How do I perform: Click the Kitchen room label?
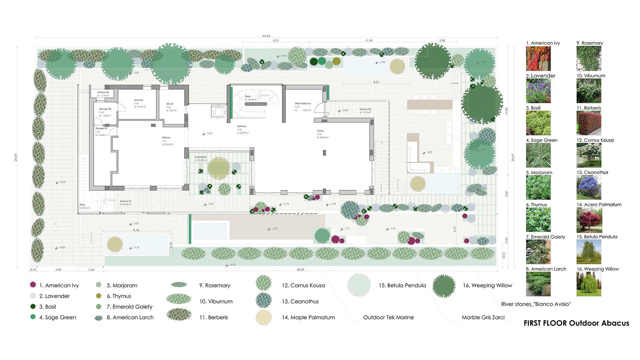pyautogui.click(x=166, y=138)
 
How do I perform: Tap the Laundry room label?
pyautogui.click(x=139, y=100)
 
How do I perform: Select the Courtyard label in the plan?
pyautogui.click(x=201, y=157)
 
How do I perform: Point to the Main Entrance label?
pyautogui.click(x=303, y=104)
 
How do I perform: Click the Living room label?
pyautogui.click(x=320, y=131)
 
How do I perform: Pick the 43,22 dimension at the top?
pyautogui.click(x=266, y=36)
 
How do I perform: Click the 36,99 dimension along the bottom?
pyautogui.click(x=300, y=270)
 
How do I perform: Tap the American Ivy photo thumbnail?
pyautogui.click(x=538, y=58)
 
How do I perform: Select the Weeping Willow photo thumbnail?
pyautogui.click(x=589, y=284)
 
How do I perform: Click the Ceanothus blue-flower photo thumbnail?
pyautogui.click(x=589, y=187)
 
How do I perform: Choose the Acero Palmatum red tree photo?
pyautogui.click(x=589, y=220)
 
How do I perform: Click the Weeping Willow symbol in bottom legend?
pyautogui.click(x=444, y=286)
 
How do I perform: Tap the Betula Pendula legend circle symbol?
pyautogui.click(x=359, y=285)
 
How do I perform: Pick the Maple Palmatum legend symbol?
pyautogui.click(x=264, y=317)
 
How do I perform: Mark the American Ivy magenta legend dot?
pyautogui.click(x=33, y=285)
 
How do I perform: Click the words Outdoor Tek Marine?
pyautogui.click(x=388, y=317)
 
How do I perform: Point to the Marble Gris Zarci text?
pyautogui.click(x=483, y=317)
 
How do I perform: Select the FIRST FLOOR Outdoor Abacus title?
pyautogui.click(x=576, y=323)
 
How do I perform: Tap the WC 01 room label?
pyautogui.click(x=170, y=104)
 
